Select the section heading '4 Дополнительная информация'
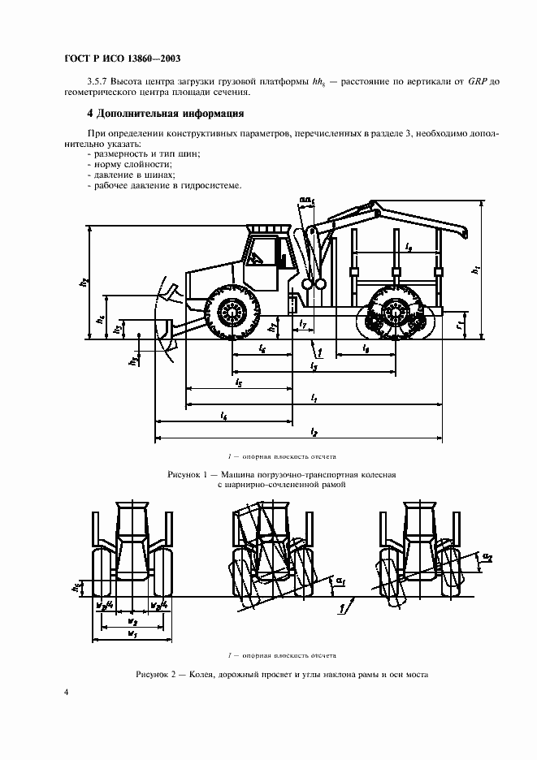coord(166,114)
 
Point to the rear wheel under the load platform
coord(396,314)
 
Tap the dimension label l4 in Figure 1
coord(223,415)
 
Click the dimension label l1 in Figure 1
coord(314,397)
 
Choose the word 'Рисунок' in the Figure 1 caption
coord(184,474)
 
